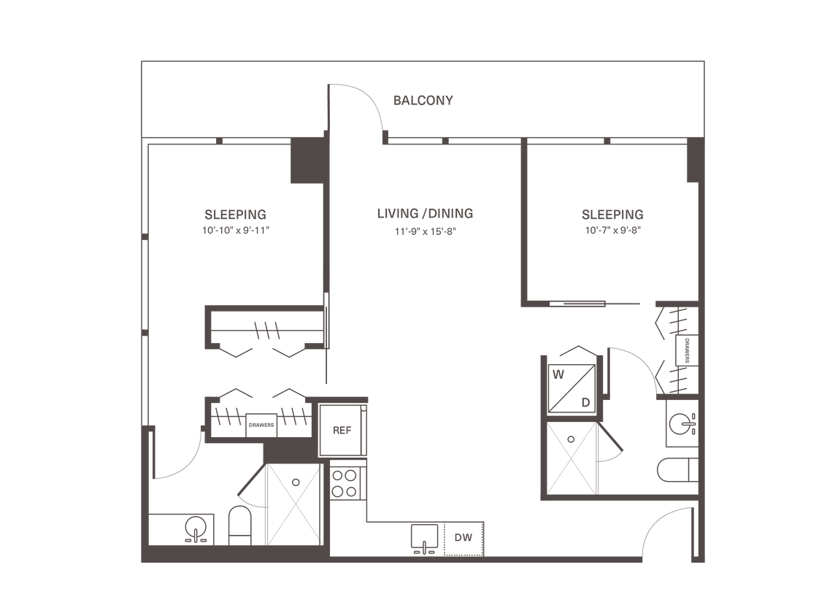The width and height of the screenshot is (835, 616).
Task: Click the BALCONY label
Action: click(x=423, y=101)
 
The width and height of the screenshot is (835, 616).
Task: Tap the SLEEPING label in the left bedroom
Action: click(x=236, y=215)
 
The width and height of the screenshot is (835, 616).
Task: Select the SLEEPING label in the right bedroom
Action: click(x=612, y=215)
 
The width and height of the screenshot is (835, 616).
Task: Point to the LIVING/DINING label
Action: click(x=426, y=214)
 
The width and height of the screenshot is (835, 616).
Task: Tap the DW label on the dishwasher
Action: click(x=462, y=539)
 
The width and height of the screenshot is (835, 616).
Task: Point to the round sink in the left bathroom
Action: click(x=194, y=528)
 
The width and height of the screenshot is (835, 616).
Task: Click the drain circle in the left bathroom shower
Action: click(x=296, y=482)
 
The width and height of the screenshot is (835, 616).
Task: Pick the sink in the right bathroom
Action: click(x=682, y=422)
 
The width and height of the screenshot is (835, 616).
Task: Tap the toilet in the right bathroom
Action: click(x=673, y=471)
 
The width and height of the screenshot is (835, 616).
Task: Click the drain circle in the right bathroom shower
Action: click(x=572, y=439)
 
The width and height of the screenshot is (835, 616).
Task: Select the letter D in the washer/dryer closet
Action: click(x=585, y=401)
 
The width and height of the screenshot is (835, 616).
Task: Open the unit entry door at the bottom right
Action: click(x=664, y=536)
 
